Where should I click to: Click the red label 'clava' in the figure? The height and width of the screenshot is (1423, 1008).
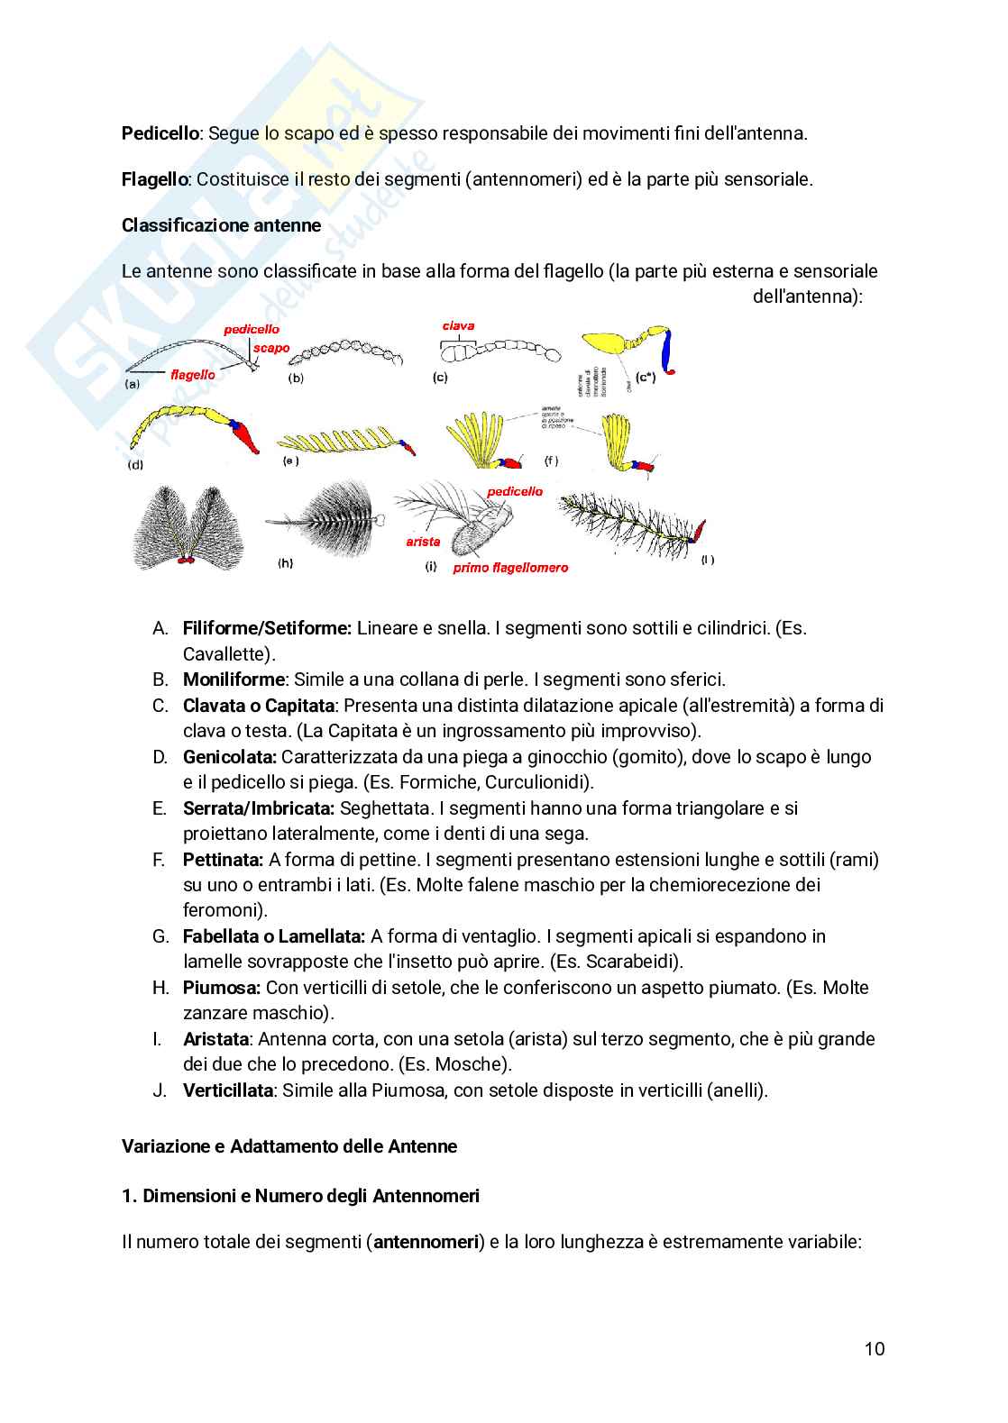point(458,326)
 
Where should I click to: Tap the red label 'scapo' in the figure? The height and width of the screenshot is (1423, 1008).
point(271,348)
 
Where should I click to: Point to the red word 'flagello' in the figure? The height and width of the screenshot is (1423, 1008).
point(193,375)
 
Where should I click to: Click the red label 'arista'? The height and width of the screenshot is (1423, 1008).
point(423,542)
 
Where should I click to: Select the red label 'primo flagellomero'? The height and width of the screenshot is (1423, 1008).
point(510,568)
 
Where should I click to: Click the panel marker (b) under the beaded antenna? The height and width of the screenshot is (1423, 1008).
point(296,379)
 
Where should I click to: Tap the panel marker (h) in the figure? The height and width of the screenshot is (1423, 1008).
point(285,563)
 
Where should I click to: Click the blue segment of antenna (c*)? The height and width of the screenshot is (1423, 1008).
point(668,352)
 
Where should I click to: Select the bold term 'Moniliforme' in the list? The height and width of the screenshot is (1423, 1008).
point(234,680)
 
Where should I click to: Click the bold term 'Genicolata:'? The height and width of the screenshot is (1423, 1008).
point(230,757)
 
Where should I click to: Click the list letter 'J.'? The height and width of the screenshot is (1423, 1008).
point(160,1090)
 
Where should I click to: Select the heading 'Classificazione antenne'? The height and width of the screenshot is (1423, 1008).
point(221,225)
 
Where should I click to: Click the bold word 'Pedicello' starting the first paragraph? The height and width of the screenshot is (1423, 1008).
point(160,133)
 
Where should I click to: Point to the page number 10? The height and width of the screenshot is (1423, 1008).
point(874,1349)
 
